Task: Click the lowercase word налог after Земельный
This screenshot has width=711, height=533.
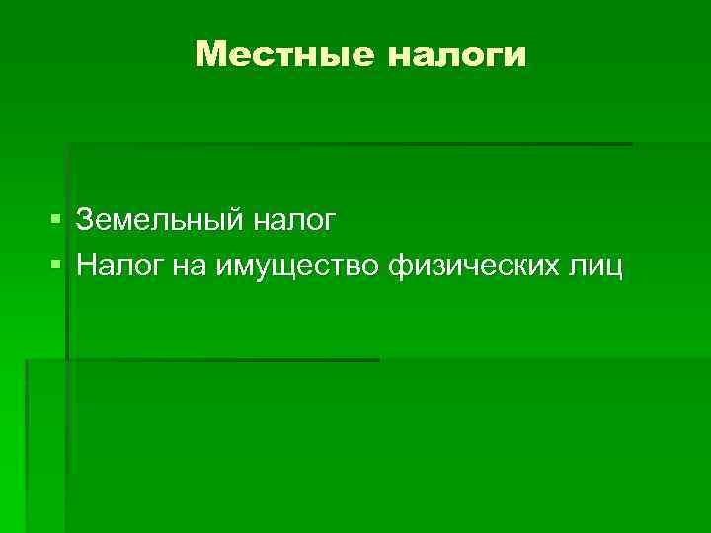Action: pos(293,220)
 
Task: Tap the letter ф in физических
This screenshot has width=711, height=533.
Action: pos(401,266)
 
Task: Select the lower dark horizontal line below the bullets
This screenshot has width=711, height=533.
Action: pos(202,360)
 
